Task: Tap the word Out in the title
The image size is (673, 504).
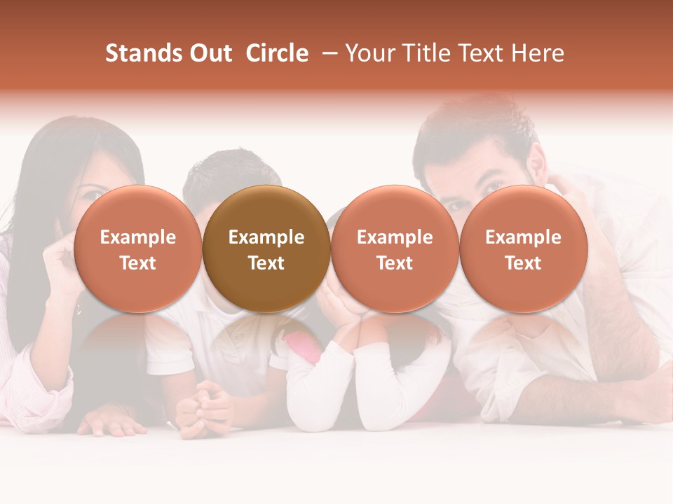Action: tap(209, 53)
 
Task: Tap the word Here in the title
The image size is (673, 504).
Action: tap(538, 53)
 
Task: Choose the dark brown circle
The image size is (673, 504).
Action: tap(266, 248)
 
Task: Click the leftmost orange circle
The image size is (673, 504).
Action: tap(137, 248)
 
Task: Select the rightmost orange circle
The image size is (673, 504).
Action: tap(523, 248)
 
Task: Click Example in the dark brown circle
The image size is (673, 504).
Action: tap(266, 237)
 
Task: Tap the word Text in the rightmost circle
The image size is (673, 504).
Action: tap(523, 263)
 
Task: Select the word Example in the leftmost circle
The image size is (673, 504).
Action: tap(137, 237)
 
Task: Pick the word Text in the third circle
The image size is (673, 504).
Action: tap(395, 263)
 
